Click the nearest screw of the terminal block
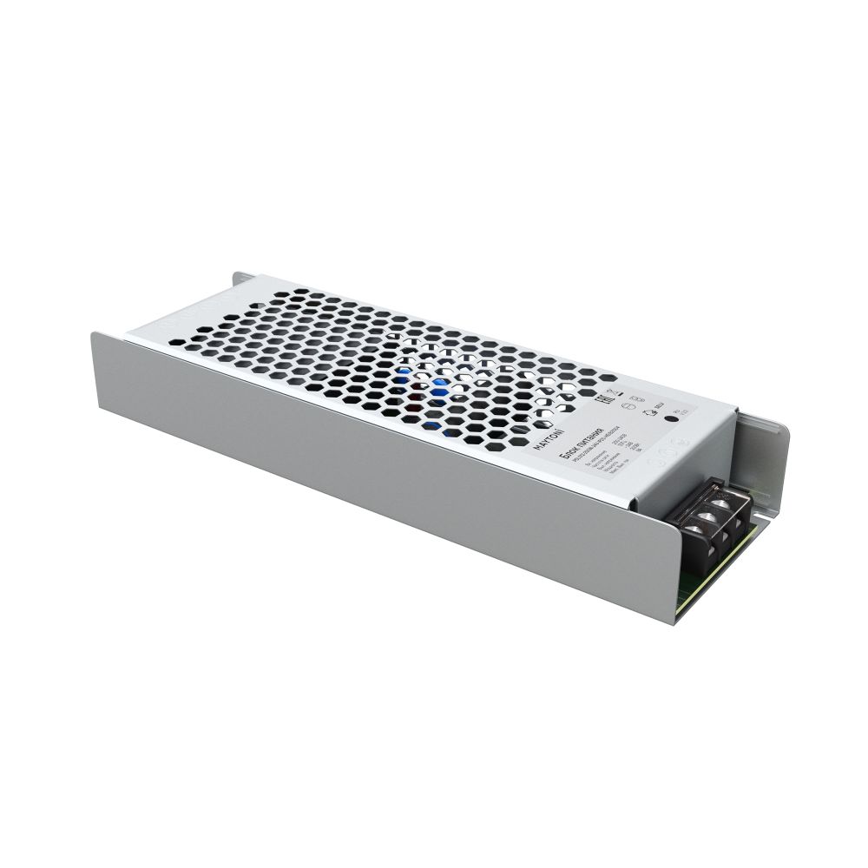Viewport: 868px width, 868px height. click(707, 523)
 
